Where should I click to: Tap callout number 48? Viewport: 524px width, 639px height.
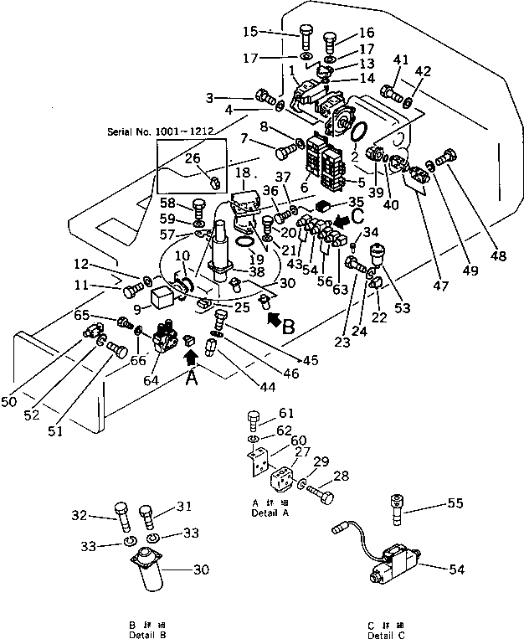click(500, 258)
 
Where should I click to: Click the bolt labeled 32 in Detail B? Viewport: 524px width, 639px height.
click(121, 513)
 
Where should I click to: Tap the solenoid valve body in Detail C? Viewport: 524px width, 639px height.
click(392, 565)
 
